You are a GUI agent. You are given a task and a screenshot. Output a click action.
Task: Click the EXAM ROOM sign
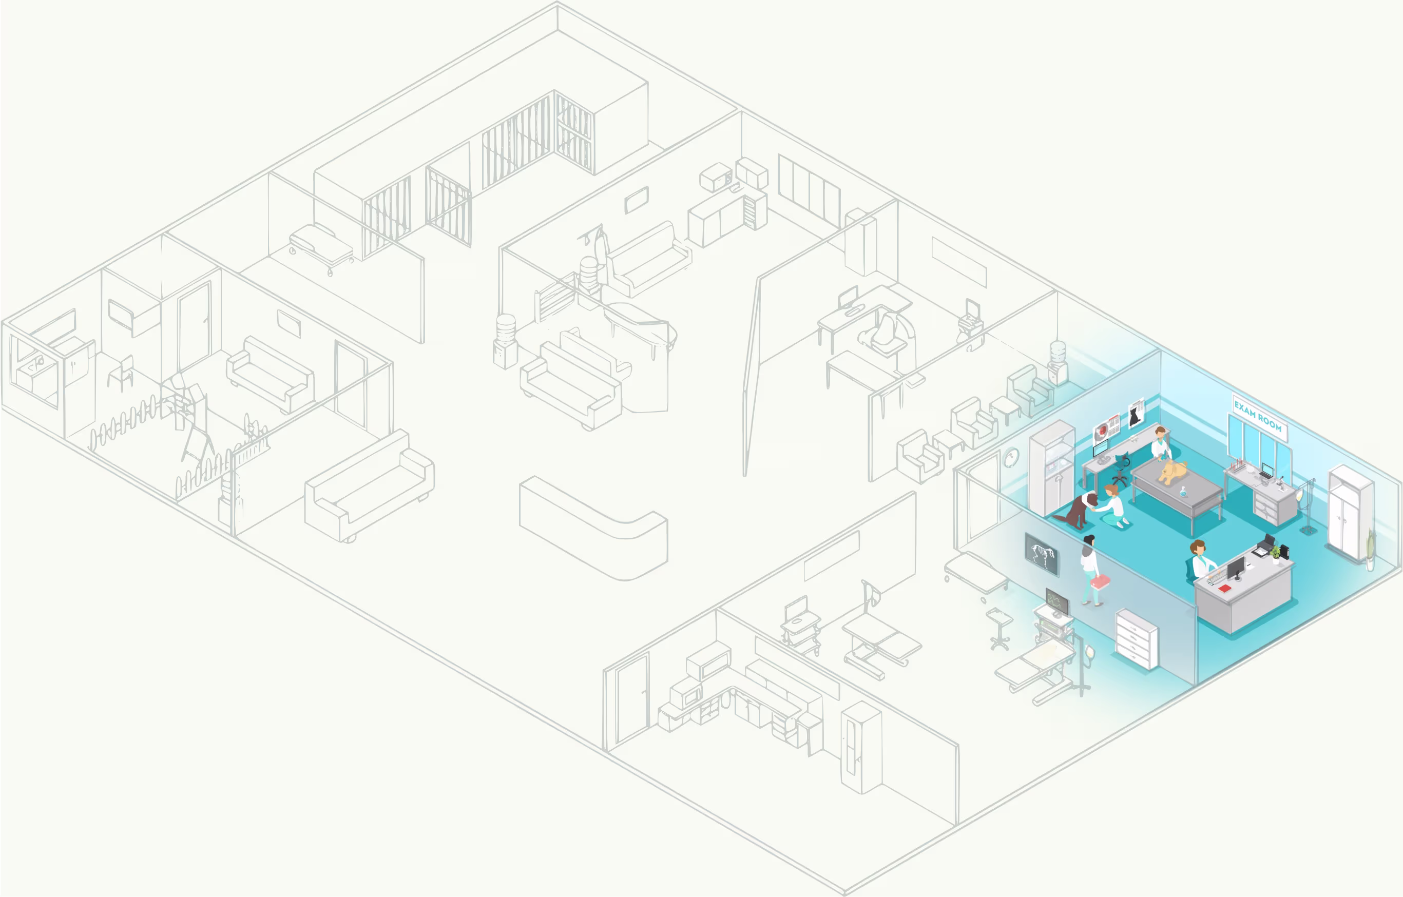pos(1259,417)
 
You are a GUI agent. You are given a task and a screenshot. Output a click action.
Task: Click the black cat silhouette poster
pos(1136,414)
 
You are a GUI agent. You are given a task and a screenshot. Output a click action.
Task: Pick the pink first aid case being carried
pos(1100,581)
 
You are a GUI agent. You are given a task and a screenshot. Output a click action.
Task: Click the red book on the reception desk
pos(1224,588)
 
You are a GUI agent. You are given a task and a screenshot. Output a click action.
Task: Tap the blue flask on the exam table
pos(1183,492)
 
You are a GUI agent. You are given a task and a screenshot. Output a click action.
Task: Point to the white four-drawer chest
pos(1137,639)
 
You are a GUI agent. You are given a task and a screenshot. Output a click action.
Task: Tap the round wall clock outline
pos(1011,457)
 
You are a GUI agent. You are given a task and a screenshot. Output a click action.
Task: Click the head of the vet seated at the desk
pos(1198,547)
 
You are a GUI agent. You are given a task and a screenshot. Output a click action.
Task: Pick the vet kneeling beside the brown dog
pos(1112,508)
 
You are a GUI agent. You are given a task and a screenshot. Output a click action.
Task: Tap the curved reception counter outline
pos(593,528)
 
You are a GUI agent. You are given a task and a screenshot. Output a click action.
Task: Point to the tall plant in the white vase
pos(1370,550)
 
